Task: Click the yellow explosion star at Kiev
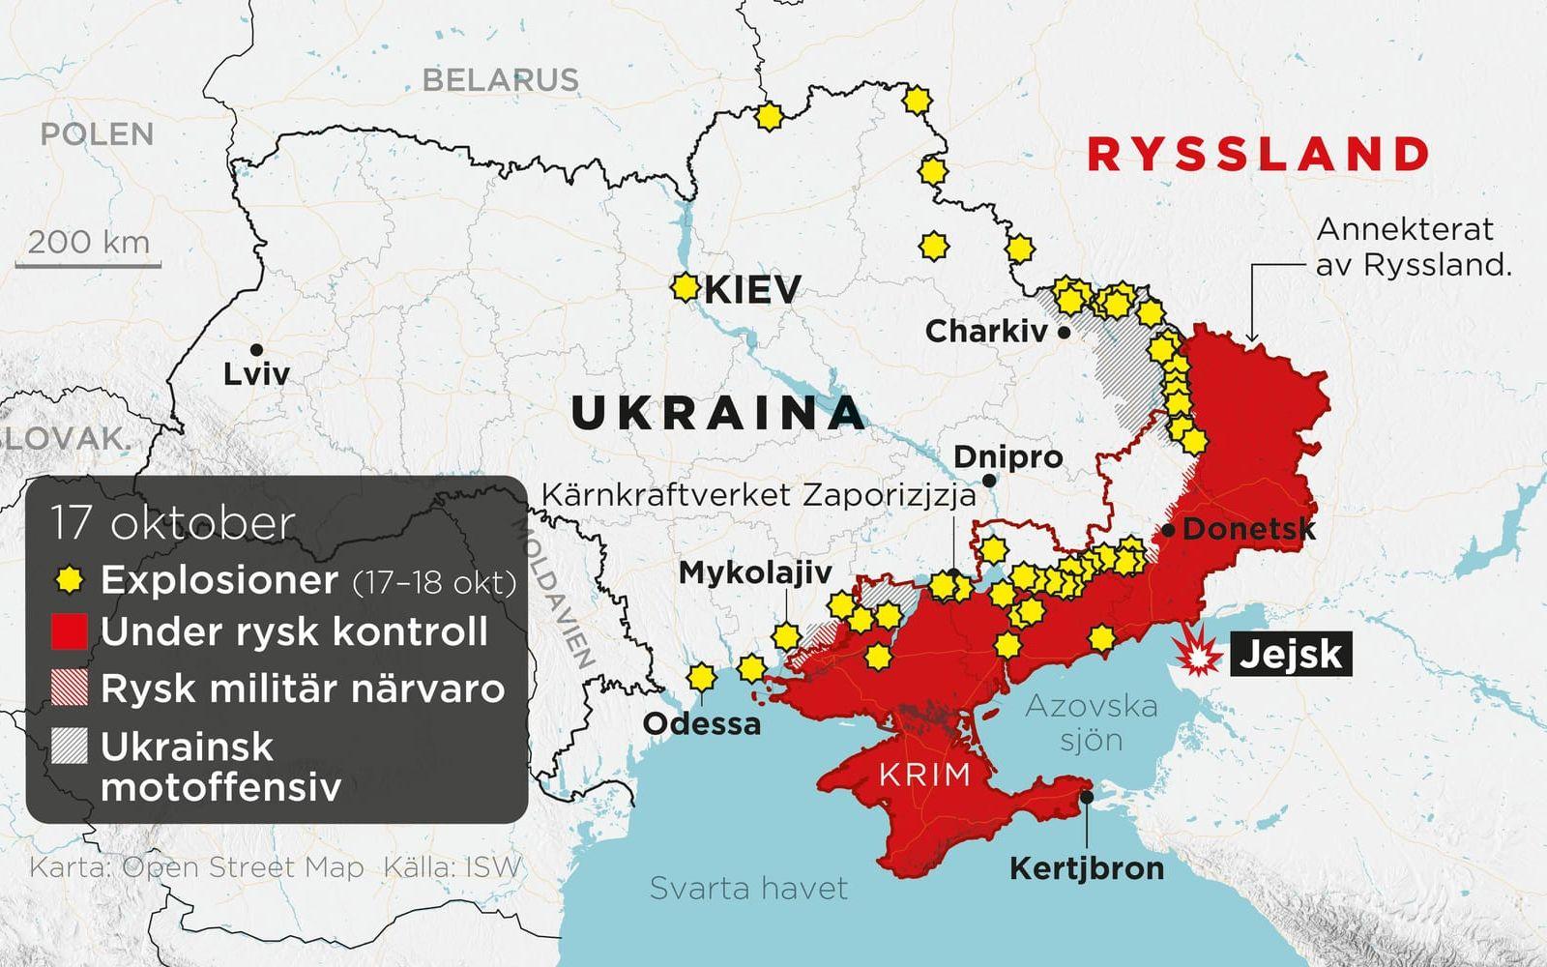685,287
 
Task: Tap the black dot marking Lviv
256,350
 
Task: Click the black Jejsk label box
1291,655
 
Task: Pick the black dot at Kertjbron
1088,798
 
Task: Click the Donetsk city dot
1168,530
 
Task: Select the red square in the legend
69,631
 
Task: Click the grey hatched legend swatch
69,747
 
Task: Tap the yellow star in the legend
69,580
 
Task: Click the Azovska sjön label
1092,722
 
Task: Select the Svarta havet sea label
748,887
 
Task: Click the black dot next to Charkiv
1065,332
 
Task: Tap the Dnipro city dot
989,481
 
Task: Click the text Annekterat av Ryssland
1412,247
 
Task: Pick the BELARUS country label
501,79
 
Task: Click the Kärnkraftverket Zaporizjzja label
758,495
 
